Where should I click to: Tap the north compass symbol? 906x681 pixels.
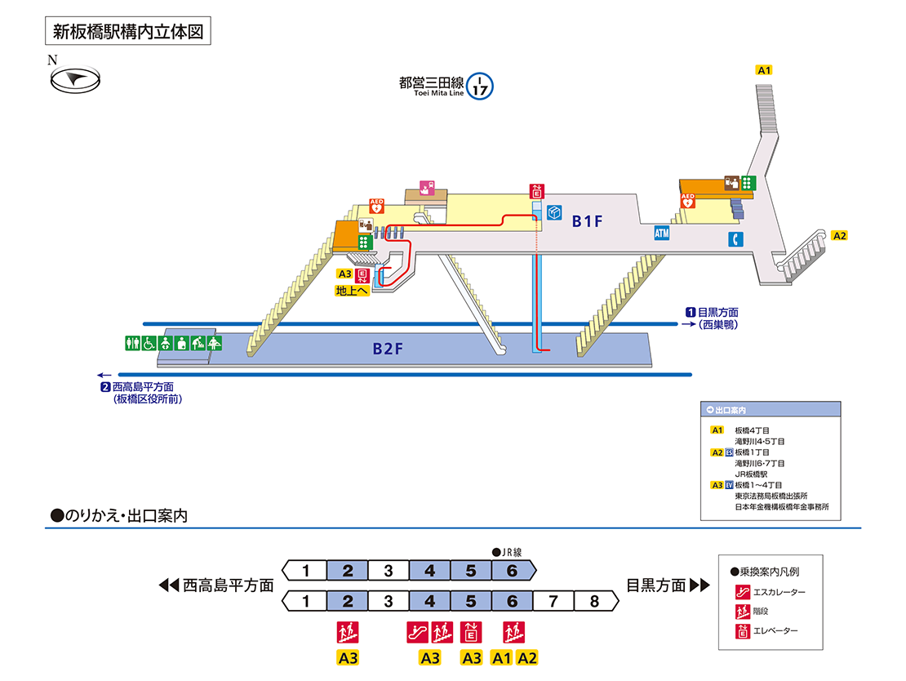75,78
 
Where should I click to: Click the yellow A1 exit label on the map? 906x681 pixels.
765,70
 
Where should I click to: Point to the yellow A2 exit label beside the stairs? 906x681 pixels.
840,236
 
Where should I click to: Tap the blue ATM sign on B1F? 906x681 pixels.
662,234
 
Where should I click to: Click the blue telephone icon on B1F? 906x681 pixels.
736,239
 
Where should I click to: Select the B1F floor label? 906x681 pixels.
587,220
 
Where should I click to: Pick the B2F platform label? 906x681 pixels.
389,349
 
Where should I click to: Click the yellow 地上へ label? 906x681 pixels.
353,290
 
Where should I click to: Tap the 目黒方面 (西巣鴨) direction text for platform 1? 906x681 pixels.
717,318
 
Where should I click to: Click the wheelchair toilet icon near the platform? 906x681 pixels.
150,343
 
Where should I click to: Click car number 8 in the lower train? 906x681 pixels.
594,602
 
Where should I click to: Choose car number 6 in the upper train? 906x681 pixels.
512,570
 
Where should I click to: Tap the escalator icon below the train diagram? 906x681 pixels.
416,631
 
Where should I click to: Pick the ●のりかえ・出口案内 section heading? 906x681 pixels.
120,516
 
